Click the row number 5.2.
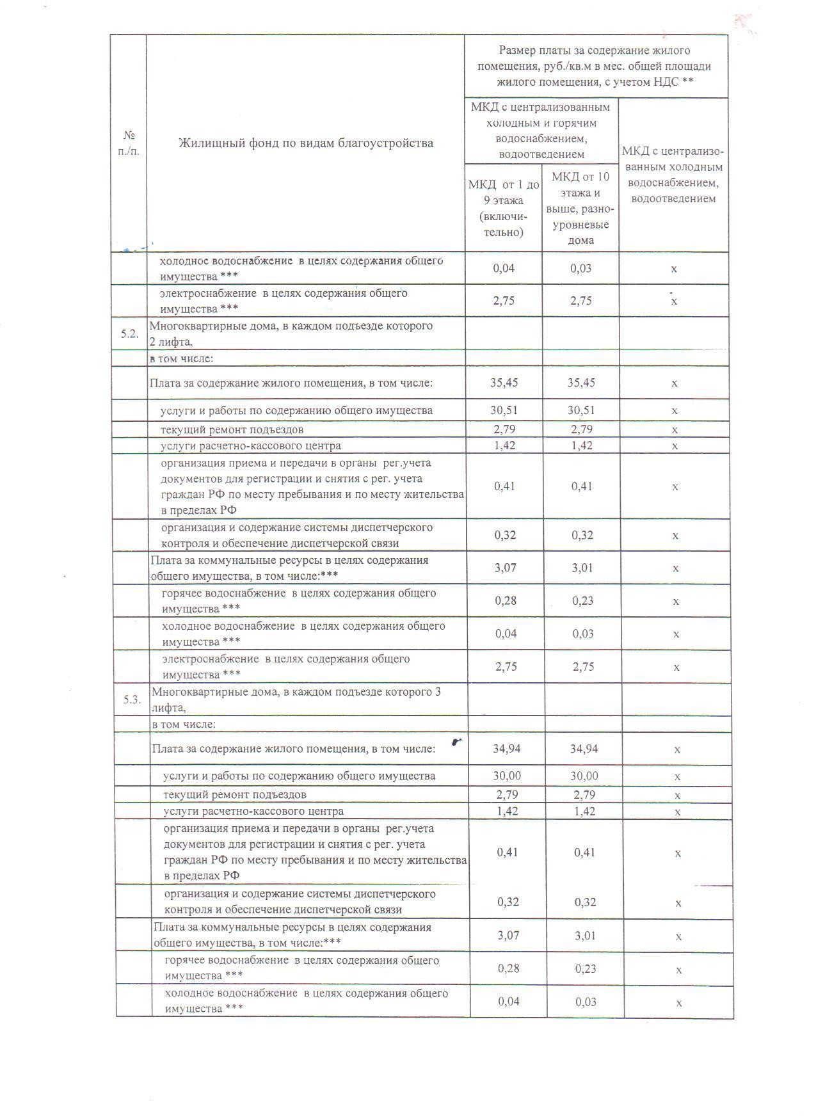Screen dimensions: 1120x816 pos(129,334)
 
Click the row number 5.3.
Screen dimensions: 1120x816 pos(132,700)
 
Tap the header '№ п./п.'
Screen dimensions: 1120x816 pos(129,143)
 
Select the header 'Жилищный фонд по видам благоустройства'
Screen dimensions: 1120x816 pos(305,143)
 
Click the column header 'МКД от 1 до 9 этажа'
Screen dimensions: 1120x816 pos(504,208)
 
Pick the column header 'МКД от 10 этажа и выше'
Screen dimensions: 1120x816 pos(580,208)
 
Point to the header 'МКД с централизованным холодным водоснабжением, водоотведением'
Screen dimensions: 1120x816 pos(673,175)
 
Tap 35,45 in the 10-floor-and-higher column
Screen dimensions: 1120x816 pos(581,383)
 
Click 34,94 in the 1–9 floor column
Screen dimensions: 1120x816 pos(507,748)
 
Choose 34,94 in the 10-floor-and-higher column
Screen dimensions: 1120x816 pos(584,748)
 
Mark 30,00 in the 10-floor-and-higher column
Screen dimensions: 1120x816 pos(584,776)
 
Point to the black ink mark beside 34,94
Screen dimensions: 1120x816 pos(456,742)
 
